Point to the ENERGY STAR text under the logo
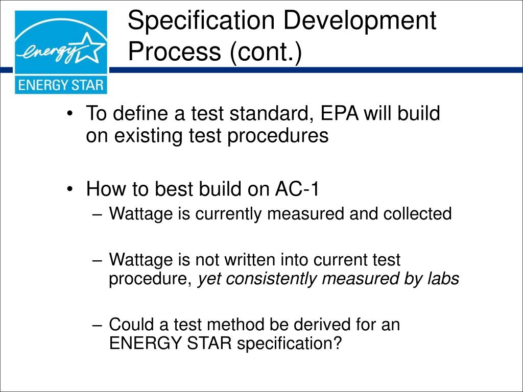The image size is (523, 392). coord(61,84)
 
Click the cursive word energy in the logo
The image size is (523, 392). coord(49,53)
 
